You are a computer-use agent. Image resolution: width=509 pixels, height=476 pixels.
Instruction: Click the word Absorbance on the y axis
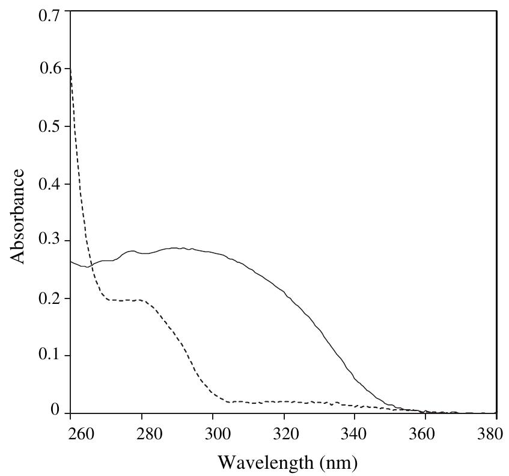tap(18, 216)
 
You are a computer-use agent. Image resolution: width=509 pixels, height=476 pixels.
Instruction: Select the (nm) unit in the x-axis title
tap(338, 463)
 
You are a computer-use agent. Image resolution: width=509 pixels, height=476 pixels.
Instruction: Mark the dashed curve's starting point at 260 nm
tap(71, 69)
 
